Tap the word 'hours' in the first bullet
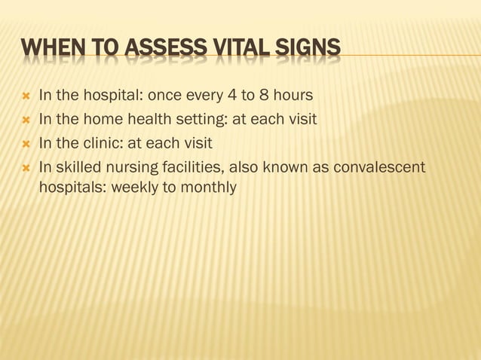pyautogui.click(x=294, y=96)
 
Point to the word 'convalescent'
pyautogui.click(x=384, y=166)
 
